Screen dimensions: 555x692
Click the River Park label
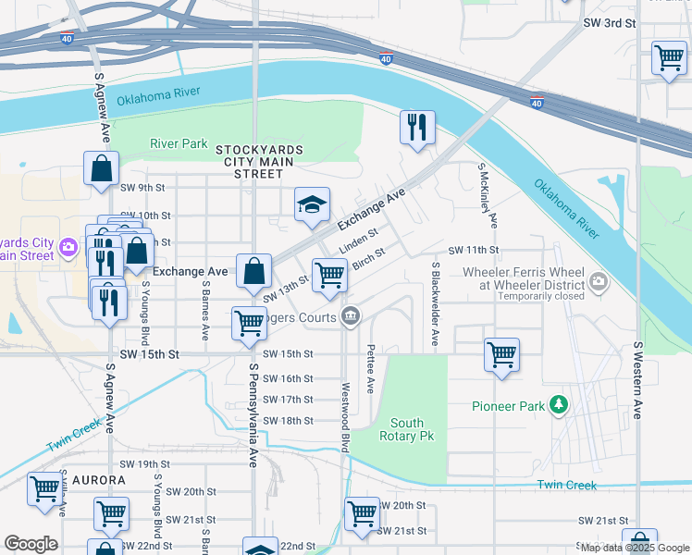[179, 143]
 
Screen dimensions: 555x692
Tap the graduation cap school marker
[313, 205]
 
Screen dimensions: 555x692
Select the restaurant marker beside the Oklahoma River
[417, 128]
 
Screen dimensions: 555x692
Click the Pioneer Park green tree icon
[558, 405]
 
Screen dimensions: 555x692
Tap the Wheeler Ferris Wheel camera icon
[599, 280]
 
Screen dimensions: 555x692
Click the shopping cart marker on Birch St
[329, 275]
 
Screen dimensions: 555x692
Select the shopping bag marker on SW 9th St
[101, 169]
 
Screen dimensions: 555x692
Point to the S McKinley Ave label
[488, 196]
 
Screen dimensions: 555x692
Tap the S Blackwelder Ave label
[436, 303]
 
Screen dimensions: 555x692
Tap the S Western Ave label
[637, 379]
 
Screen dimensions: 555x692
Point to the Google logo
[31, 544]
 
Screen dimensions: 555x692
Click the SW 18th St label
[288, 420]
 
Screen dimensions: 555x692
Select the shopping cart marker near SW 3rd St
[669, 57]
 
